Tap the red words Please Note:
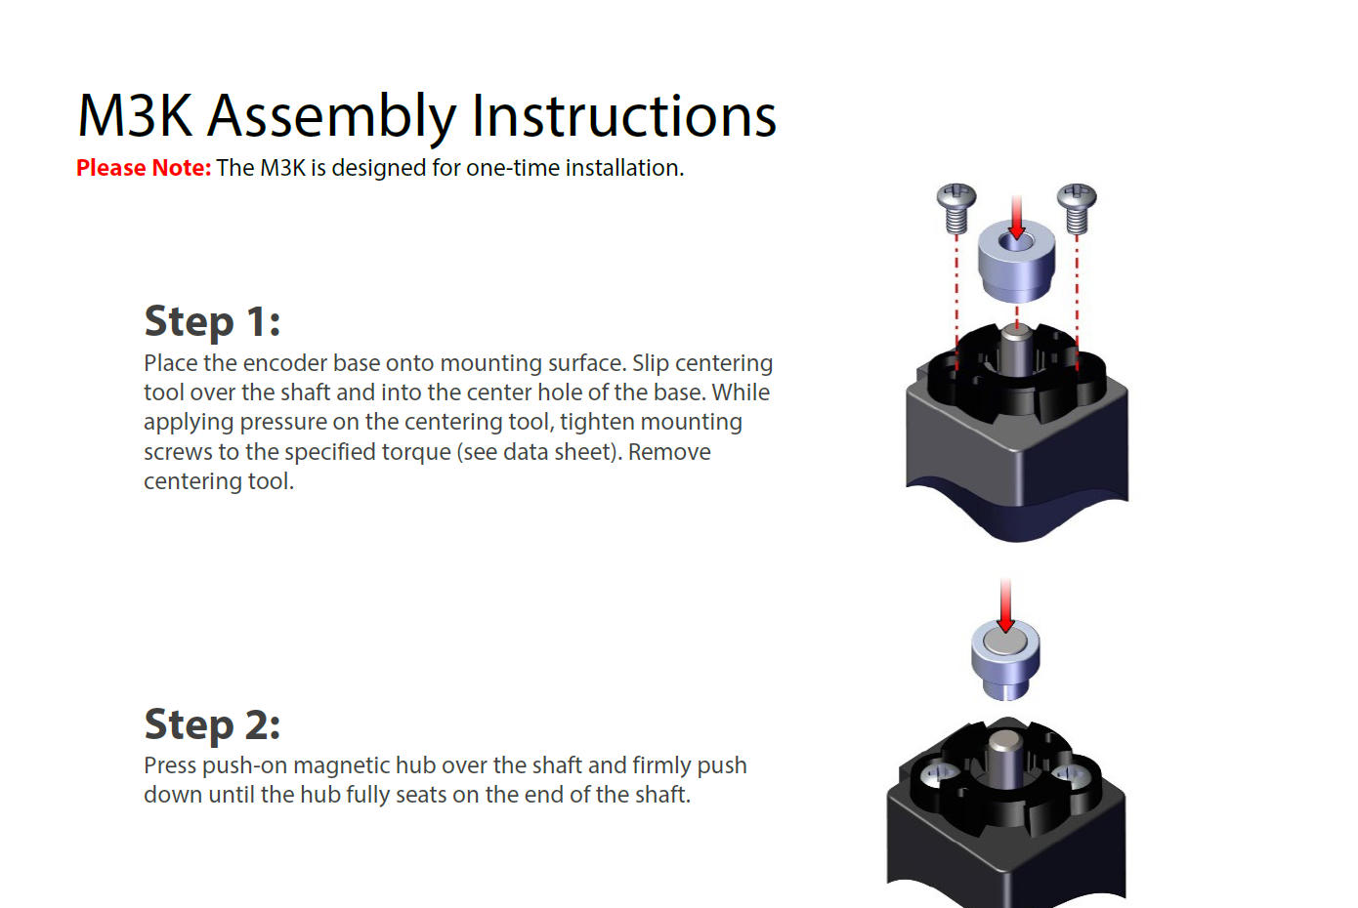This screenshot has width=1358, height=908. tap(144, 168)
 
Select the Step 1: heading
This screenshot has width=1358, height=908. tap(212, 321)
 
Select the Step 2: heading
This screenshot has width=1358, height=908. tap(212, 724)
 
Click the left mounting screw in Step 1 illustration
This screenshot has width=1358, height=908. tap(956, 207)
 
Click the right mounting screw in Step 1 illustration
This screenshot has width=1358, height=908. tap(1077, 207)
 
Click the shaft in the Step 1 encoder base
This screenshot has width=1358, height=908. tap(1015, 351)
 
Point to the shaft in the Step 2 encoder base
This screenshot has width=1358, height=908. tap(1004, 757)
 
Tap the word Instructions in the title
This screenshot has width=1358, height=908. tap(623, 117)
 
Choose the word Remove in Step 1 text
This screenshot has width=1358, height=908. tap(669, 452)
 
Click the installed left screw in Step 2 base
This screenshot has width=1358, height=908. tap(939, 775)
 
